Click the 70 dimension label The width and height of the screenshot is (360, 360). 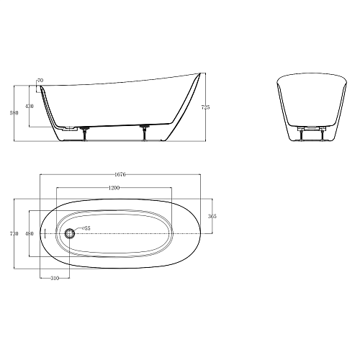(x=40, y=81)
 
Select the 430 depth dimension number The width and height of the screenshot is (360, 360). (x=30, y=106)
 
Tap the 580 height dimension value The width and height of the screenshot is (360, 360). (x=14, y=112)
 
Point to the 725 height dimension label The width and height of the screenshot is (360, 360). (x=205, y=107)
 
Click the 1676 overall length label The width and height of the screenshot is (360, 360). (x=120, y=174)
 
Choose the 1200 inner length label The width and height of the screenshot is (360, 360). (x=114, y=188)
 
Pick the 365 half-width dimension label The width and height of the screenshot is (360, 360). (x=212, y=216)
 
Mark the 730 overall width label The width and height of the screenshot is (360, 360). (x=14, y=233)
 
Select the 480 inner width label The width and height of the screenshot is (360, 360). (x=30, y=233)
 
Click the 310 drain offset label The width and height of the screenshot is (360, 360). (x=55, y=278)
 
